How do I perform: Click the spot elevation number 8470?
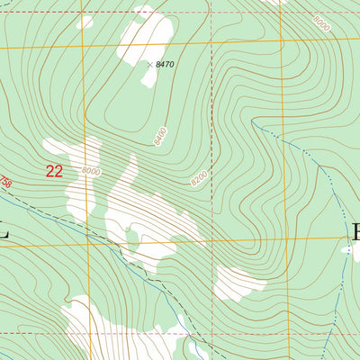tap(165, 65)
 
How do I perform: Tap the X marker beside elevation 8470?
tap(149, 64)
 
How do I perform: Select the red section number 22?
tap(54, 171)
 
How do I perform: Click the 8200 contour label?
tap(199, 179)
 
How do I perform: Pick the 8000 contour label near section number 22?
tap(91, 171)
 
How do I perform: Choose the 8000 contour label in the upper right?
tap(321, 26)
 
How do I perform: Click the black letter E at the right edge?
tap(355, 231)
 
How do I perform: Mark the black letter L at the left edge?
tap(4, 231)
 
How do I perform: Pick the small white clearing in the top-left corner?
tap(85, 21)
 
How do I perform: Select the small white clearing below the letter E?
tap(346, 253)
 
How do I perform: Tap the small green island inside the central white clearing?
tap(132, 238)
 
